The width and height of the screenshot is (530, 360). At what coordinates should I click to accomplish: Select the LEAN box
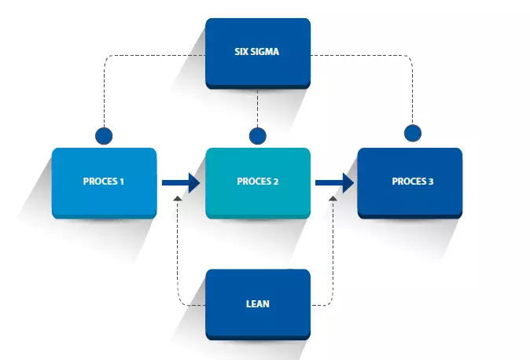[x=257, y=303]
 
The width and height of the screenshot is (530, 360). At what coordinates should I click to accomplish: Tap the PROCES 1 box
[x=104, y=182]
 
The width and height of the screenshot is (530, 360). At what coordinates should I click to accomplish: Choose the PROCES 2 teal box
[x=257, y=182]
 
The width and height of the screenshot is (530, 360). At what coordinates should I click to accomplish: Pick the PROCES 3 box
[x=410, y=182]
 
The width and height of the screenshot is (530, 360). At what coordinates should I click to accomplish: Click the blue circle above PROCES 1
[x=104, y=135]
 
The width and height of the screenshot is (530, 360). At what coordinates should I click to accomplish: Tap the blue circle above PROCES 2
[x=257, y=135]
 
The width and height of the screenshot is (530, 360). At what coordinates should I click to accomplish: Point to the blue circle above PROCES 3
[x=410, y=133]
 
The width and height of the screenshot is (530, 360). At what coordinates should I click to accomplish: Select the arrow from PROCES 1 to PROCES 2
[x=180, y=182]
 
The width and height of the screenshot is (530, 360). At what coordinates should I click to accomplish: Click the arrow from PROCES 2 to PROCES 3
[x=333, y=182]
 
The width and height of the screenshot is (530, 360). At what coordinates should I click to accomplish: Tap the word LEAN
[x=257, y=303]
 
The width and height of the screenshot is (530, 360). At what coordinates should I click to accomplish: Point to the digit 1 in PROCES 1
[x=122, y=182]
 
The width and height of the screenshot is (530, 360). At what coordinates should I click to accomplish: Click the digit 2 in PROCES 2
[x=275, y=182]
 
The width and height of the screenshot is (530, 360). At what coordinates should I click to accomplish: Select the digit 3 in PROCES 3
[x=430, y=182]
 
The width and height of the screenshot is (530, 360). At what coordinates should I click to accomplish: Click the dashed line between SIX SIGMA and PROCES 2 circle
[x=257, y=108]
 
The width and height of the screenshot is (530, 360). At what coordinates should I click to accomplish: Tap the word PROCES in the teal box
[x=252, y=182]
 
